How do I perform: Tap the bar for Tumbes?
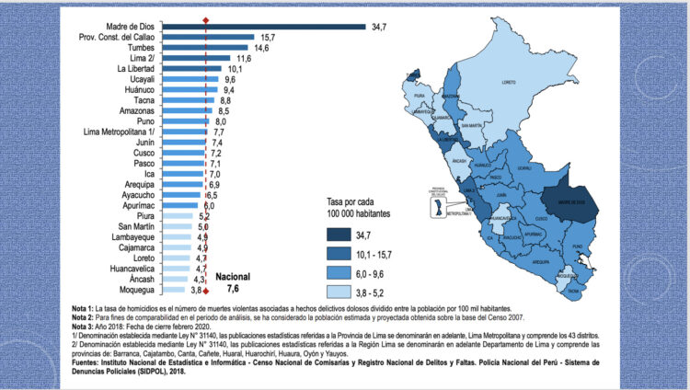tap(222, 48)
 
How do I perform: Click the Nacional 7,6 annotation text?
tap(233, 281)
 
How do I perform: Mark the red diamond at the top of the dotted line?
tap(206, 18)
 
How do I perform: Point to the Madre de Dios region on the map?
tap(564, 201)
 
